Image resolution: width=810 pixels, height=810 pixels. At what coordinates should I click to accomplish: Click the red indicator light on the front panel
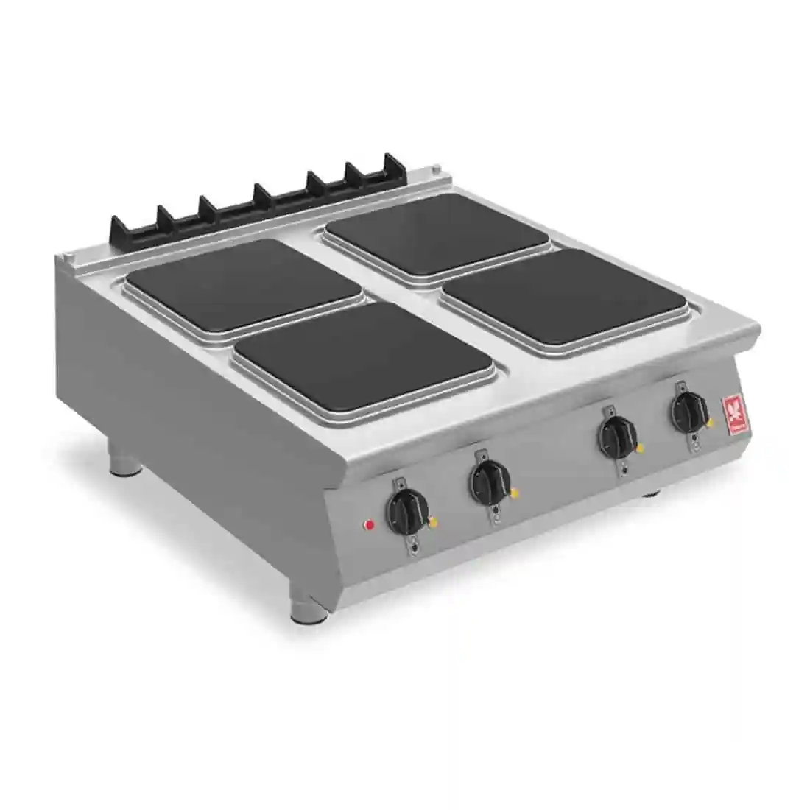click(x=370, y=525)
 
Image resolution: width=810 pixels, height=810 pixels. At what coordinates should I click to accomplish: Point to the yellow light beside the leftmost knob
click(x=433, y=523)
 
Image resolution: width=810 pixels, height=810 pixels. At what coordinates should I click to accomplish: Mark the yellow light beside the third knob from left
click(x=639, y=448)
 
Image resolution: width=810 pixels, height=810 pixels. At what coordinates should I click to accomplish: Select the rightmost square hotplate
click(x=566, y=297)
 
